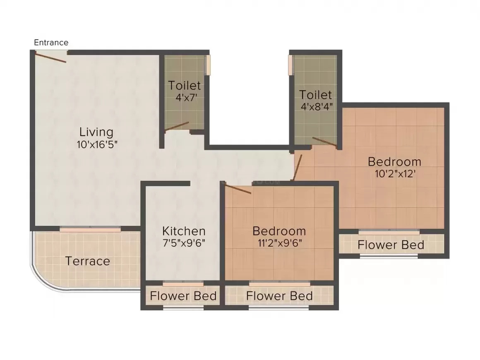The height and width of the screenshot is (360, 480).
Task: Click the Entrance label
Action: [51, 42]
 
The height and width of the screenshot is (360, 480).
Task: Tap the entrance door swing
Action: [50, 57]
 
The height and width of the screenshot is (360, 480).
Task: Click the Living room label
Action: [96, 132]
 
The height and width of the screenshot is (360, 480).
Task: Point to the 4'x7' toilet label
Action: [184, 98]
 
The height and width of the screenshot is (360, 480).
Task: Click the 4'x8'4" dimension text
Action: [316, 106]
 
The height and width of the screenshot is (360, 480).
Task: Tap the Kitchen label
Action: [183, 231]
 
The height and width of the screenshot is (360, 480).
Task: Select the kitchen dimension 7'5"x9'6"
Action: [183, 243]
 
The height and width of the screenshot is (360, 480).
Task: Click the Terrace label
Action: [88, 261]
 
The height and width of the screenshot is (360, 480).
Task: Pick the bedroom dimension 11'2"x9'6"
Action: [279, 243]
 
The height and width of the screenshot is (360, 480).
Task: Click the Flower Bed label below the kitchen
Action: [183, 296]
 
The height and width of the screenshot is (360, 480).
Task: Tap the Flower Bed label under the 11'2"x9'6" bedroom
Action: [279, 296]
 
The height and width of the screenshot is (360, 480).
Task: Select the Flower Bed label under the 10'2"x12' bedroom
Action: [391, 245]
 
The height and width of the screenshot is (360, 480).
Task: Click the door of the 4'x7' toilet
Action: [177, 127]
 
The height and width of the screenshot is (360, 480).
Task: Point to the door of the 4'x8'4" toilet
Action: [324, 142]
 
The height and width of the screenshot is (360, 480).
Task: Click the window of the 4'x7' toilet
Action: [209, 65]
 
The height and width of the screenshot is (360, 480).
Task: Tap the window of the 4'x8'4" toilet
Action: [290, 65]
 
